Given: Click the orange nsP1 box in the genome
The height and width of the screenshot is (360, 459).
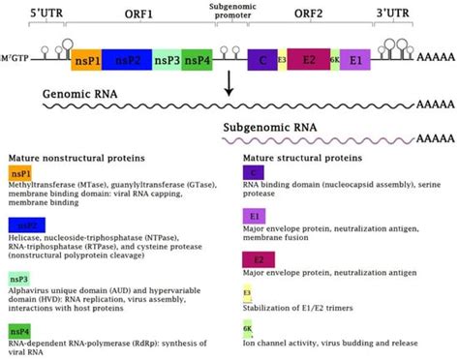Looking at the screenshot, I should (86, 62).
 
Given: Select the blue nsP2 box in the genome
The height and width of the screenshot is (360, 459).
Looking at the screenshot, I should (126, 62).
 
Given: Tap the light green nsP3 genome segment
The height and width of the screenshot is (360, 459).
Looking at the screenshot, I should (167, 62).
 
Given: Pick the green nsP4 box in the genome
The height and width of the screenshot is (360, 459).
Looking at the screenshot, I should (197, 62).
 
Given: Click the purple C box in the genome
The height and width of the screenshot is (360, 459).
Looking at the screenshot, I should (261, 62).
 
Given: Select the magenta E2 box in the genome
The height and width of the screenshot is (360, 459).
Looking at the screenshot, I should (308, 62).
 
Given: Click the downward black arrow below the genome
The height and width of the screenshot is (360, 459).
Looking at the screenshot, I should (229, 88).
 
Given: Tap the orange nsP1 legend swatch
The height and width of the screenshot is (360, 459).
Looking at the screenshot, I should (19, 172).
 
